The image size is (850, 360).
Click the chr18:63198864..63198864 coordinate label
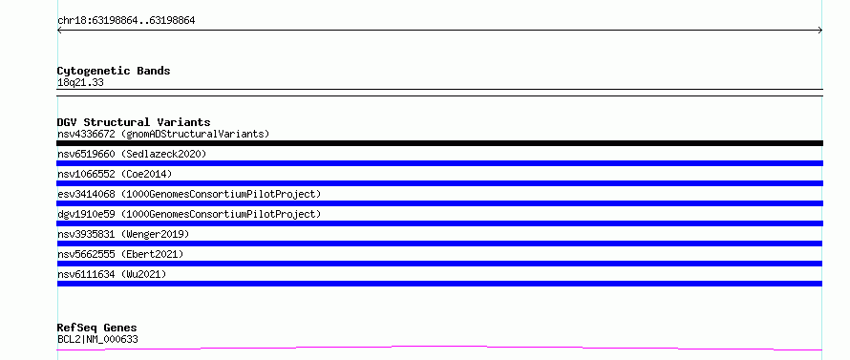click(126, 21)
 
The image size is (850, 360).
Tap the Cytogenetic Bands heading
click(114, 71)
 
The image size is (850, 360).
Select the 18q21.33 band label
click(80, 83)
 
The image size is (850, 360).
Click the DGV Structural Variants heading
click(134, 122)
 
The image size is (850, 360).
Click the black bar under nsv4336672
click(439, 143)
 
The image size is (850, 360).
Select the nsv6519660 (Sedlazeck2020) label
click(132, 154)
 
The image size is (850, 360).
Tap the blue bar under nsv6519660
click(439, 163)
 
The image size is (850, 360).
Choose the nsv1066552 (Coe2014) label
click(115, 174)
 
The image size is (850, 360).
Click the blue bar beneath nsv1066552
click(439, 183)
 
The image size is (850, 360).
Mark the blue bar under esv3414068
click(439, 203)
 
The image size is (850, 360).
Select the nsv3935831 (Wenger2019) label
click(123, 234)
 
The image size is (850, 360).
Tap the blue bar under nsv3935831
click(439, 244)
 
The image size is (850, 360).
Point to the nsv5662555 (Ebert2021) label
click(120, 254)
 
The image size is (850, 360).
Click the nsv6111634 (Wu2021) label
click(112, 274)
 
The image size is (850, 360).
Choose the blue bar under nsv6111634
click(439, 284)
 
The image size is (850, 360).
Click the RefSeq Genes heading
click(97, 328)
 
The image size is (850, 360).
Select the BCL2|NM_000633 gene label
click(97, 339)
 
